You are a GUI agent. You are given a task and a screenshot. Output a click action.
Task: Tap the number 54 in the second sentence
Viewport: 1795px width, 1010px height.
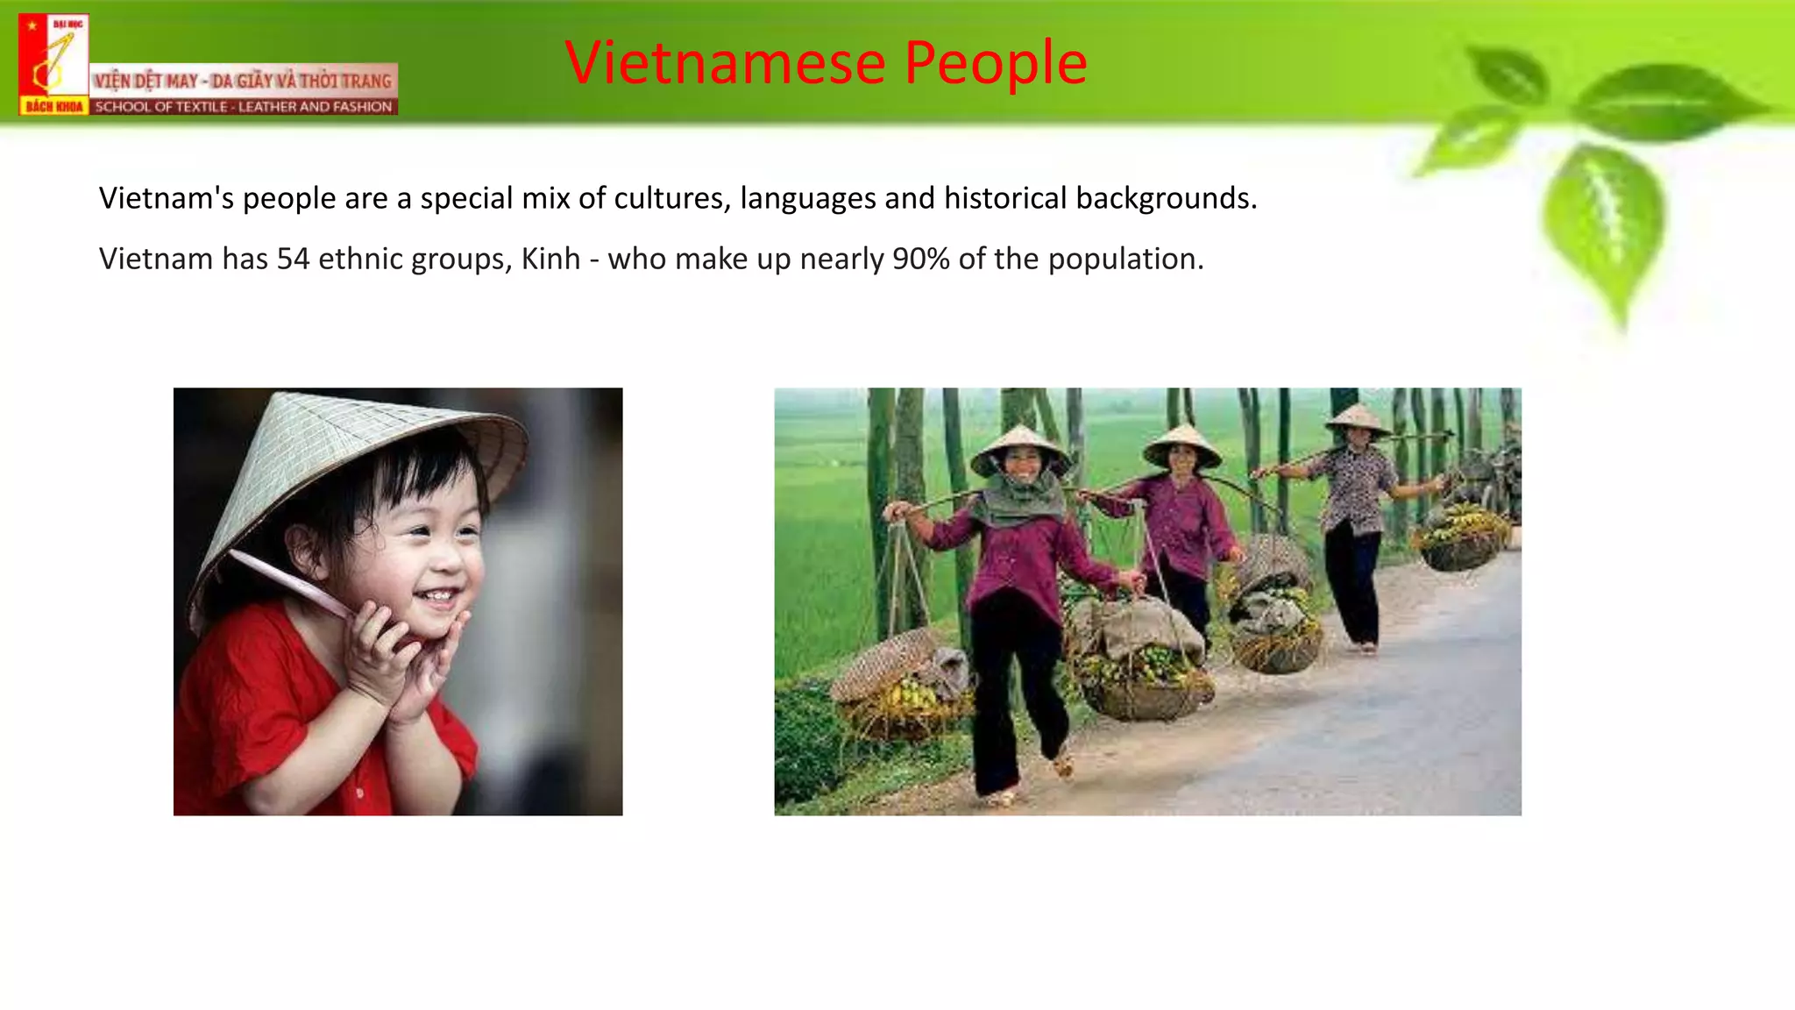tap(293, 260)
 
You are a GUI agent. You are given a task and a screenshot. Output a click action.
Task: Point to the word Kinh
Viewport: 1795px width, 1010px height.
tap(550, 260)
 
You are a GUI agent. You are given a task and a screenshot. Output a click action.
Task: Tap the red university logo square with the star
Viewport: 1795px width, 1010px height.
tap(53, 64)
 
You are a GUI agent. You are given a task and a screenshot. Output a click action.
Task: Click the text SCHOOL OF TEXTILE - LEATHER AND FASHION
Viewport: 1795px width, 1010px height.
tap(244, 107)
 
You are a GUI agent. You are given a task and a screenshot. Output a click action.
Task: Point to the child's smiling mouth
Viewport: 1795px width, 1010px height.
tap(436, 598)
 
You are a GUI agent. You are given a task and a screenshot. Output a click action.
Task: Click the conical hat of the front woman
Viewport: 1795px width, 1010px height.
tap(1021, 447)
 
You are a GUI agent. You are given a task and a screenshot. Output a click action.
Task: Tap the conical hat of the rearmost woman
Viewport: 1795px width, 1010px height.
tap(1357, 418)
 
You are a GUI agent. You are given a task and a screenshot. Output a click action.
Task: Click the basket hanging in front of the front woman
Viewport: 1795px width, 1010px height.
tap(1139, 666)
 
